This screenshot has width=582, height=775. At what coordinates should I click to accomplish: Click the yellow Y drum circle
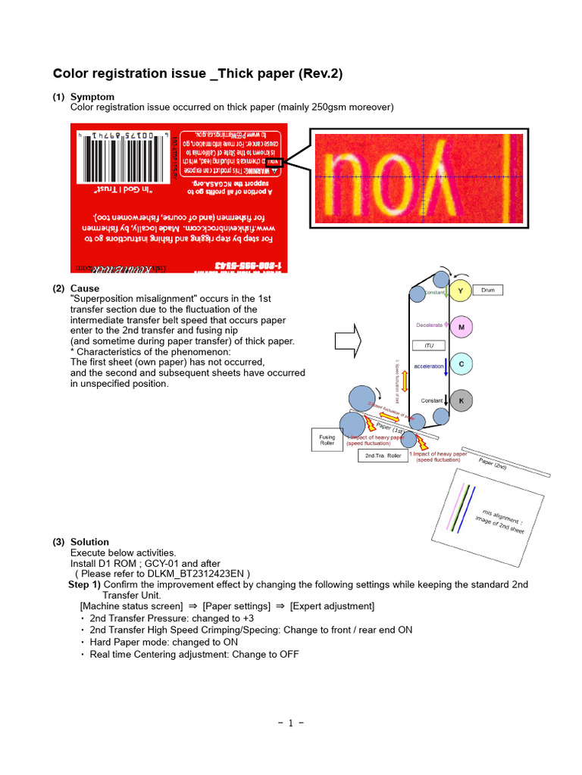[x=461, y=291]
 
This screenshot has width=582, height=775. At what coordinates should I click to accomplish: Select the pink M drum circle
[x=461, y=328]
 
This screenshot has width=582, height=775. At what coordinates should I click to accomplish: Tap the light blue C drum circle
[x=461, y=365]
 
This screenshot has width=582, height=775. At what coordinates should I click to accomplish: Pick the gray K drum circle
[x=461, y=400]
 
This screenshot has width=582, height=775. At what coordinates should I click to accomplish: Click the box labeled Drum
[x=488, y=290]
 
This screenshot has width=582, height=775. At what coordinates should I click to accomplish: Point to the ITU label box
[x=428, y=345]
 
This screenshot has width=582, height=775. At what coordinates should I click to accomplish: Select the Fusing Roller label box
[x=327, y=440]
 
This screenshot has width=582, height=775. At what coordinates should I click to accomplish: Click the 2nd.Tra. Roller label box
[x=383, y=456]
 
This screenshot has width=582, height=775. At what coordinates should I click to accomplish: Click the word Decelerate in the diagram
[x=428, y=325]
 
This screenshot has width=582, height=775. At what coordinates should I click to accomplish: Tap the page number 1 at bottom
[x=291, y=723]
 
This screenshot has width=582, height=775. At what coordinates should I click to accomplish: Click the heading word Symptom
[x=92, y=97]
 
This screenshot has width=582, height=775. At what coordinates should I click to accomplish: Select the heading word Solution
[x=89, y=542]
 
